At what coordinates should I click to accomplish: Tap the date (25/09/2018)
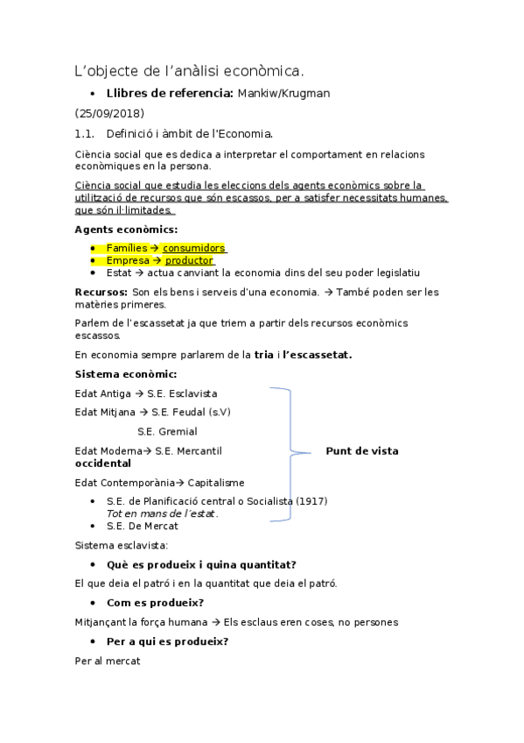pos(109,114)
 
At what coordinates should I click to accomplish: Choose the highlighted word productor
pos(189,260)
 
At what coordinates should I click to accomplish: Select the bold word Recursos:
pos(101,292)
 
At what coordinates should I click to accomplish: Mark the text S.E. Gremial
pos(167,431)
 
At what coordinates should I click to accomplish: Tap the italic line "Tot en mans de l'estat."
pos(162,513)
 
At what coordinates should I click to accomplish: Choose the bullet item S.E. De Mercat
pos(142,526)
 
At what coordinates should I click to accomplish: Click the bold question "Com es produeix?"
pos(155,603)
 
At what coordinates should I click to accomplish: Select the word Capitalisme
pos(215,483)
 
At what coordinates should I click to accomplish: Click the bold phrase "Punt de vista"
pos(361,451)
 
